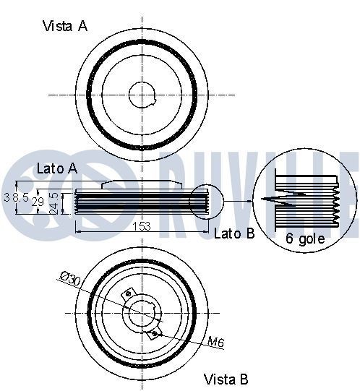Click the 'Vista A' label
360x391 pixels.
pyautogui.click(x=65, y=26)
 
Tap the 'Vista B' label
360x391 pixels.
pyautogui.click(x=226, y=379)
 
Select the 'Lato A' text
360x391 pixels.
pyautogui.click(x=57, y=168)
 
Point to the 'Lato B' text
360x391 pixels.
pyautogui.click(x=234, y=233)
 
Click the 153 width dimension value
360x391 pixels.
pyautogui.click(x=142, y=226)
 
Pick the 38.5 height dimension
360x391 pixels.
pyautogui.click(x=16, y=197)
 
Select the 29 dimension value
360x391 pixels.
pyautogui.click(x=38, y=202)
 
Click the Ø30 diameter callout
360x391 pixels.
pyautogui.click(x=71, y=278)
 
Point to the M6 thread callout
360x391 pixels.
pyautogui.click(x=216, y=342)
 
